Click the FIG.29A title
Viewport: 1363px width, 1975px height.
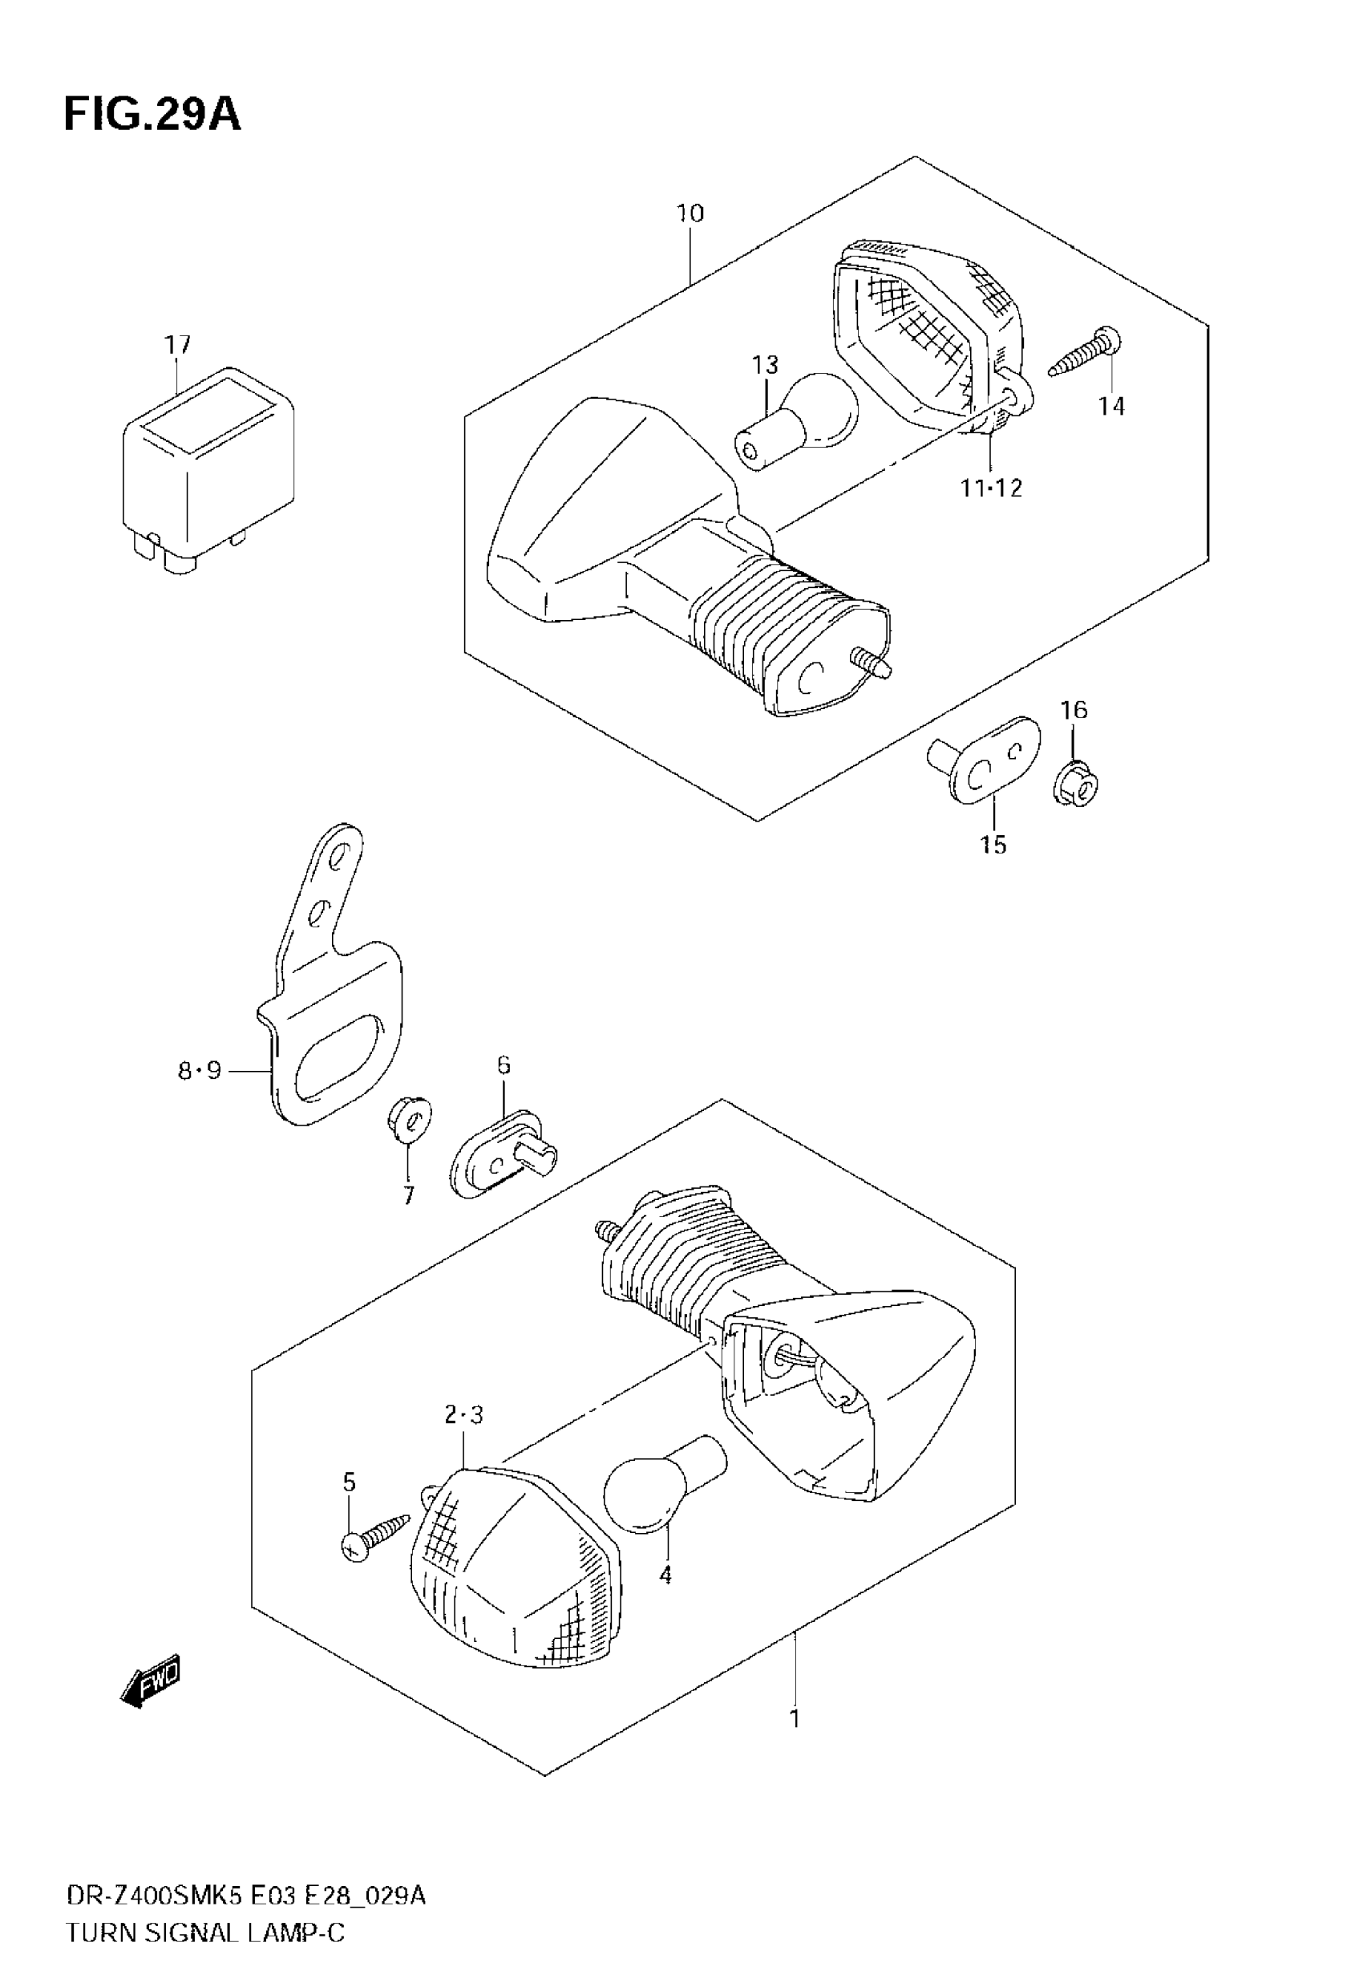point(152,116)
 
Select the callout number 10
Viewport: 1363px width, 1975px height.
point(690,213)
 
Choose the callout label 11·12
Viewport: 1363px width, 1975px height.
point(991,489)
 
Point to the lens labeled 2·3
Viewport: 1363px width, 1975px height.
point(512,1571)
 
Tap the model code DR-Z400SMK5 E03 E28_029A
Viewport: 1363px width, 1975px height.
point(246,1890)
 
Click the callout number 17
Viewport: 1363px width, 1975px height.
point(178,345)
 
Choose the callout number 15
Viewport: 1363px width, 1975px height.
point(993,845)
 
